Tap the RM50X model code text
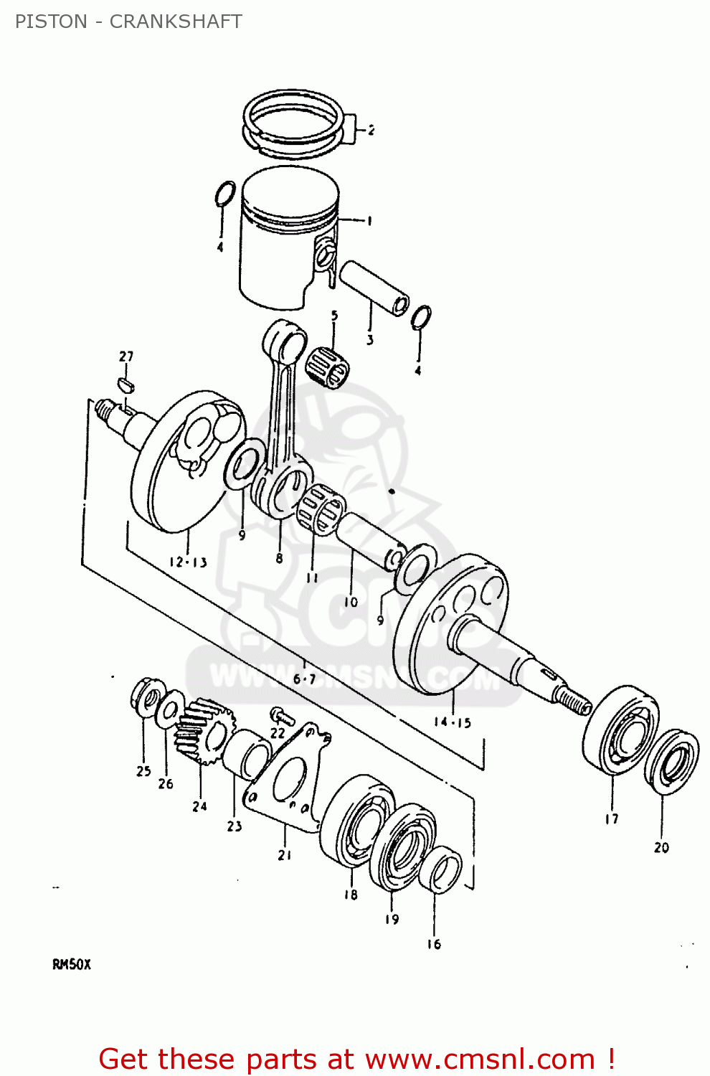[72, 965]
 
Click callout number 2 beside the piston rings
[371, 131]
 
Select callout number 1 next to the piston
[369, 221]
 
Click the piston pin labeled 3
[373, 288]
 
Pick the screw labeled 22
[280, 716]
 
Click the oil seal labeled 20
[672, 762]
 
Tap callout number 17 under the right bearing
[611, 818]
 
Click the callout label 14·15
[453, 722]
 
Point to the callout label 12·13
[188, 562]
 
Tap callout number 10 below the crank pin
[350, 602]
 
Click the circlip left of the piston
[224, 194]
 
